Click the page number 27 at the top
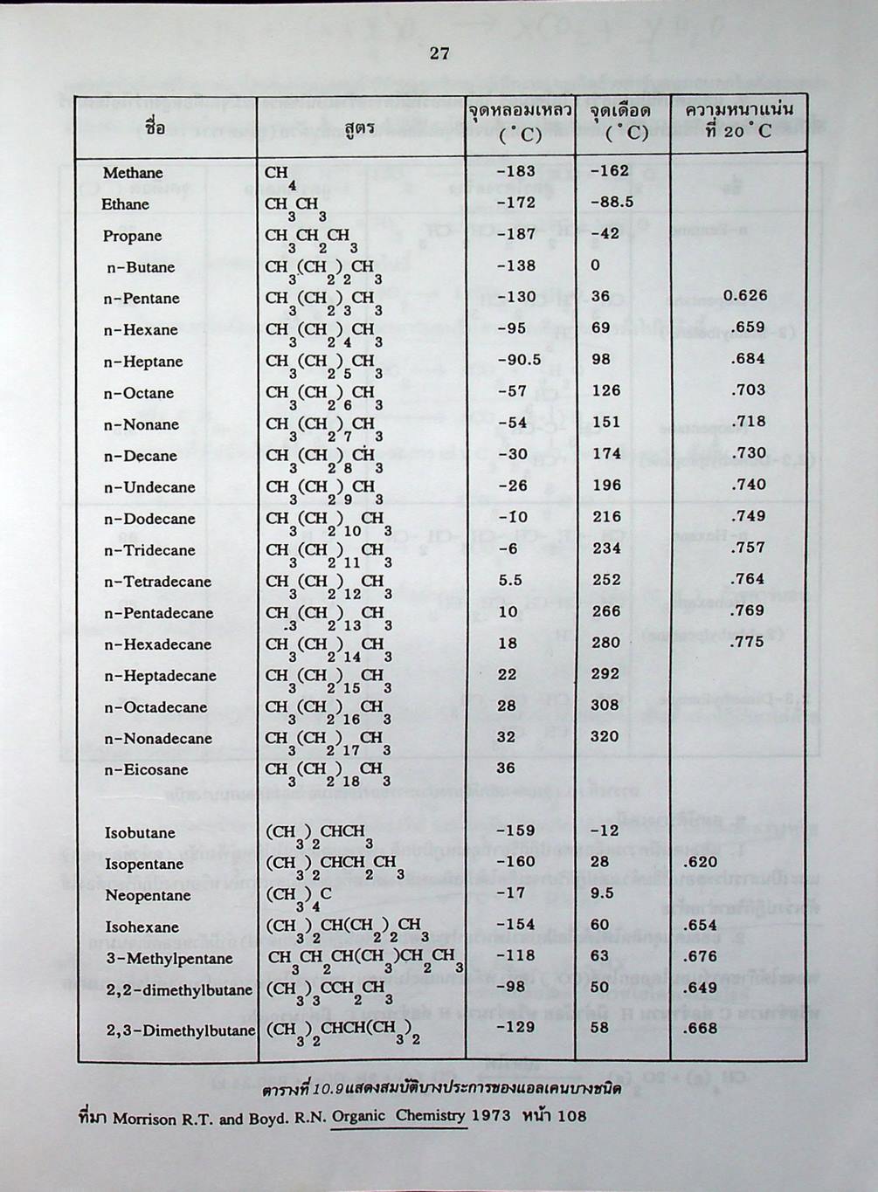[439, 54]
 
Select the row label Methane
[133, 173]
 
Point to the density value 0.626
[745, 295]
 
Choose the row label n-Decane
[140, 456]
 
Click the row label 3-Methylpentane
[169, 959]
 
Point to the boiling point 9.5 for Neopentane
[603, 893]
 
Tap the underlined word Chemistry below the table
[431, 1115]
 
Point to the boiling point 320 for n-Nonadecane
[605, 736]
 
